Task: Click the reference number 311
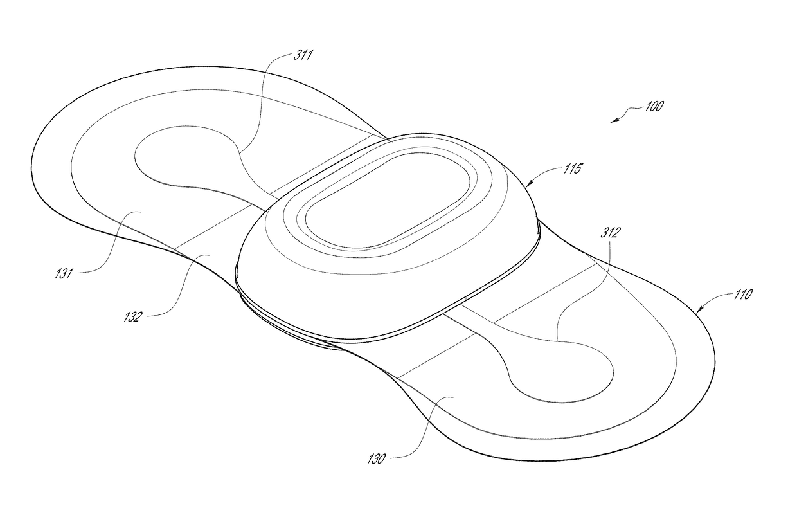tap(303, 55)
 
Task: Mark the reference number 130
tap(376, 458)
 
